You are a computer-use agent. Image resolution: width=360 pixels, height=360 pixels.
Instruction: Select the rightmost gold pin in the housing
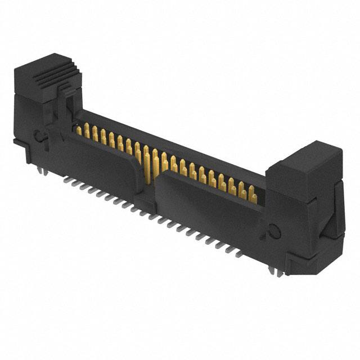[x=253, y=197]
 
